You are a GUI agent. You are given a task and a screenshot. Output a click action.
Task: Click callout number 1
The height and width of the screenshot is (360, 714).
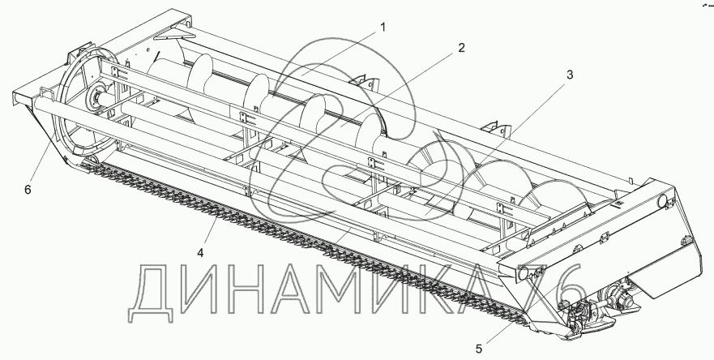pyautogui.click(x=383, y=27)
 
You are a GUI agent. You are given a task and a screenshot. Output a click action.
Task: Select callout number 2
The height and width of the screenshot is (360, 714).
pyautogui.click(x=460, y=48)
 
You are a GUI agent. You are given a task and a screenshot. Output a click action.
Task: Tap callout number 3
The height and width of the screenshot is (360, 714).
pyautogui.click(x=570, y=75)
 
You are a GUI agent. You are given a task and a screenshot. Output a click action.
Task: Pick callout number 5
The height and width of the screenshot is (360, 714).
pyautogui.click(x=480, y=349)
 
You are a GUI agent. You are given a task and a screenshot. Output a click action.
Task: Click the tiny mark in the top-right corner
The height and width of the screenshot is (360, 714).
pyautogui.click(x=702, y=4)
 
